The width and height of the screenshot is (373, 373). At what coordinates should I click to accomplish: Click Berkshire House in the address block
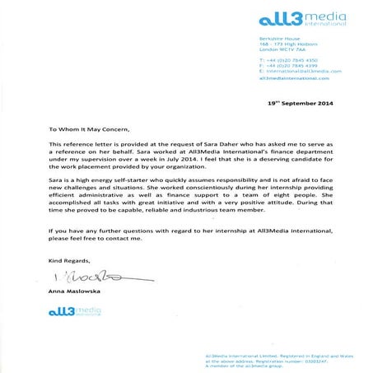pyautogui.click(x=278, y=37)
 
